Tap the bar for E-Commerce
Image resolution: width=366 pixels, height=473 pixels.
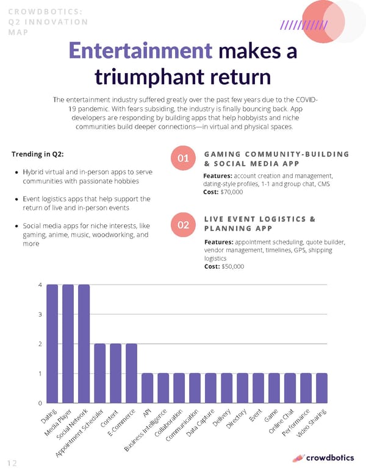(x=132, y=373)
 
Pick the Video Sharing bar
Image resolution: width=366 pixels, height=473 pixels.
(x=321, y=388)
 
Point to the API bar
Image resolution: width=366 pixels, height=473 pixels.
(x=148, y=388)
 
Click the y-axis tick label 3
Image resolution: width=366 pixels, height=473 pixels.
(x=41, y=315)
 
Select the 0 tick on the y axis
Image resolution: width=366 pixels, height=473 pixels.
(x=41, y=403)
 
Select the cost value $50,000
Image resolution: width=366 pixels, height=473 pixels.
(x=231, y=266)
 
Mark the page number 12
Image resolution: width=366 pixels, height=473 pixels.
(x=13, y=463)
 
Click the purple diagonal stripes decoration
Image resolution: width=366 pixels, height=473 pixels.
(x=304, y=26)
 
